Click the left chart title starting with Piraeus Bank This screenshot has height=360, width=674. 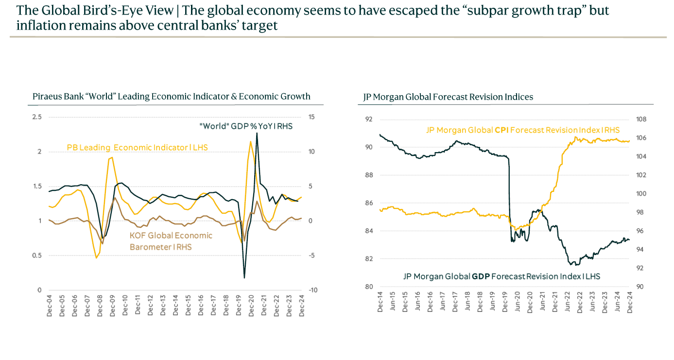pos(171,96)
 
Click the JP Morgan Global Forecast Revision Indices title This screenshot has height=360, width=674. pos(448,97)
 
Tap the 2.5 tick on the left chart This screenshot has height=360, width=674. pos(37,117)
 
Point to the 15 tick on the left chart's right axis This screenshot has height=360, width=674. pos(311,117)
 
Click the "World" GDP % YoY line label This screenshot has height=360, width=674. pos(246,126)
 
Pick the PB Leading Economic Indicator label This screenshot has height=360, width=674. pos(137,147)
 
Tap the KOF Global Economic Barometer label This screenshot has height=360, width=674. pos(171,241)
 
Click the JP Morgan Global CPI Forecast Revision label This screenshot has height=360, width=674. pos(523,130)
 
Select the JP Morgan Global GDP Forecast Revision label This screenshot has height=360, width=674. pos(501,276)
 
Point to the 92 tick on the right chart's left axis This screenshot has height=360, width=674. pos(368,120)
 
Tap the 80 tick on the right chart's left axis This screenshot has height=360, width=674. pos(368,287)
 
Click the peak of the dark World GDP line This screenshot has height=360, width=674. pos(257,133)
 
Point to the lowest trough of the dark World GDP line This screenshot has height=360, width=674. pos(244,278)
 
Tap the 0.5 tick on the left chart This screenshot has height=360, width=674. pos(37,256)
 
